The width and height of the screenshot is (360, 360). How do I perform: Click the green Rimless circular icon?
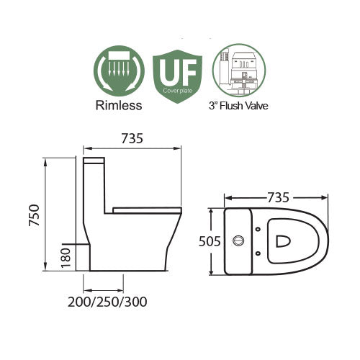[120, 73]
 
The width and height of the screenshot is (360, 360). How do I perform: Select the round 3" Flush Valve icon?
[240, 73]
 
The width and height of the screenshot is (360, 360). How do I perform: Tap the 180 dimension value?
[67, 256]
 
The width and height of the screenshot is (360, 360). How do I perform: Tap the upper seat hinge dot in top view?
[258, 230]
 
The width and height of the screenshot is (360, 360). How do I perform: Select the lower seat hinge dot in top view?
[258, 253]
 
